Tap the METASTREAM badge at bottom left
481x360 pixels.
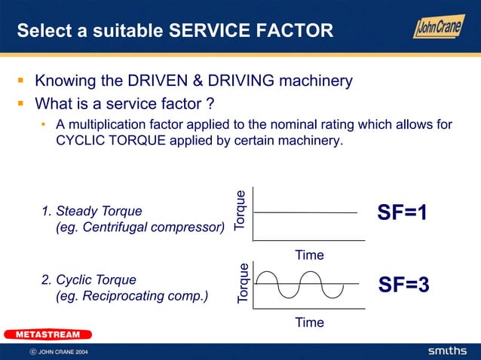(x=47, y=334)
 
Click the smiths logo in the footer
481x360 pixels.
(x=448, y=352)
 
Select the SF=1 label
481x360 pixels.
(x=403, y=213)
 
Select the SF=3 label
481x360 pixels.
(x=403, y=285)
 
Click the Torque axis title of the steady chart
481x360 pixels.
(x=240, y=210)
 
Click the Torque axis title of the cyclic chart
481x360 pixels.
(x=243, y=283)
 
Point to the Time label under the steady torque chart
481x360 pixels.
(x=309, y=255)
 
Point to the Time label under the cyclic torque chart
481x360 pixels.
(x=309, y=322)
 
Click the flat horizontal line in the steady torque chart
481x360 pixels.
(x=305, y=212)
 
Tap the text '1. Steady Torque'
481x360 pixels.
(x=91, y=211)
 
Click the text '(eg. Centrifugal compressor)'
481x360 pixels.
(x=140, y=227)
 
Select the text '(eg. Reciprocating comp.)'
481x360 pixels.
(x=132, y=296)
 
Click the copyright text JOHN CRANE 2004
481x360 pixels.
(x=63, y=352)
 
